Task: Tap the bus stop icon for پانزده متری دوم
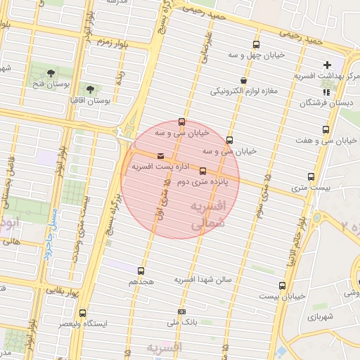pyautogui.click(x=203, y=171)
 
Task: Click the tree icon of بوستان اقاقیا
pyautogui.click(x=90, y=89)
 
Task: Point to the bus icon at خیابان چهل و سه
pyautogui.click(x=256, y=44)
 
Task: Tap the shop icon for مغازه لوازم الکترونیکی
pyautogui.click(x=243, y=80)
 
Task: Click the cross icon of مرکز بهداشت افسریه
pyautogui.click(x=327, y=65)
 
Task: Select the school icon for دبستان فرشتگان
pyautogui.click(x=324, y=92)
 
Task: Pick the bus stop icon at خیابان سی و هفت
pyautogui.click(x=326, y=129)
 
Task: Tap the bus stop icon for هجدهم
pyautogui.click(x=141, y=270)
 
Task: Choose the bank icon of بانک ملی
pyautogui.click(x=182, y=311)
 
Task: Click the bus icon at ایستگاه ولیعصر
pyautogui.click(x=83, y=313)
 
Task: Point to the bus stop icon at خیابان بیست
pyautogui.click(x=282, y=285)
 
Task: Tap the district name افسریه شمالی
pyautogui.click(x=205, y=214)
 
